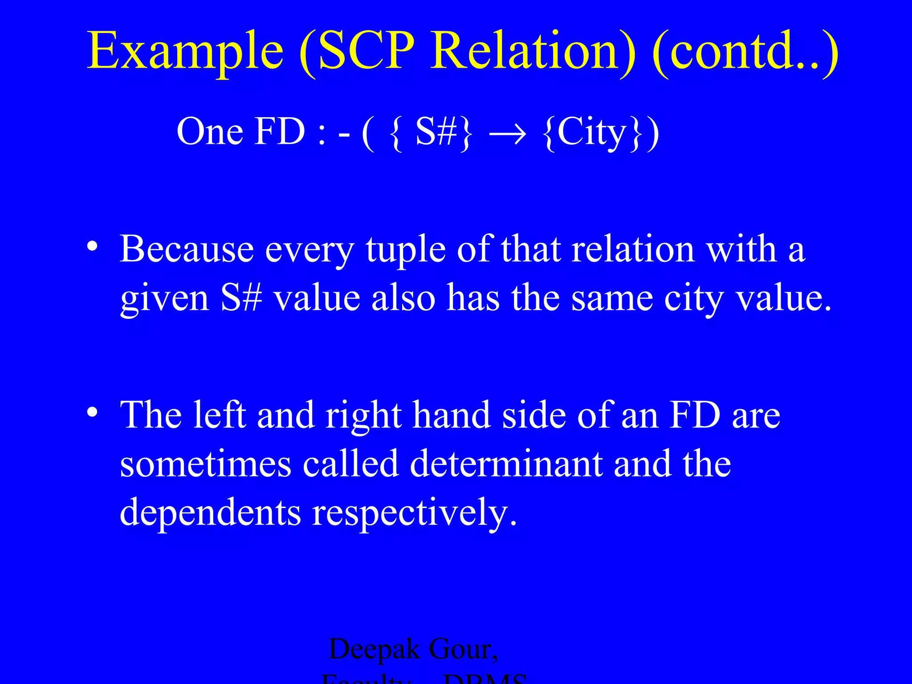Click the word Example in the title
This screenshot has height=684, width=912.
185,51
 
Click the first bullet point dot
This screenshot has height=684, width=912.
92,246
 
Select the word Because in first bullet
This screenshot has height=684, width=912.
187,249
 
